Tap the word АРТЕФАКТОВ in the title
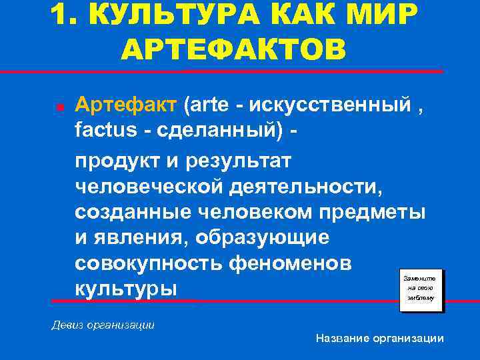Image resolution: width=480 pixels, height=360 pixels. click(x=235, y=50)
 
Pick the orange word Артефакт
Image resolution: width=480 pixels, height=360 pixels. click(x=126, y=105)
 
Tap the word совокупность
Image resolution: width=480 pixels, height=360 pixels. click(x=148, y=264)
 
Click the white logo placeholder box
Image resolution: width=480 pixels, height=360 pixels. click(x=419, y=287)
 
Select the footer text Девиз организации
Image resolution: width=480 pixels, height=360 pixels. click(x=103, y=325)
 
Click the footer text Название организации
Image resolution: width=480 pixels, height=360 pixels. click(x=379, y=338)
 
